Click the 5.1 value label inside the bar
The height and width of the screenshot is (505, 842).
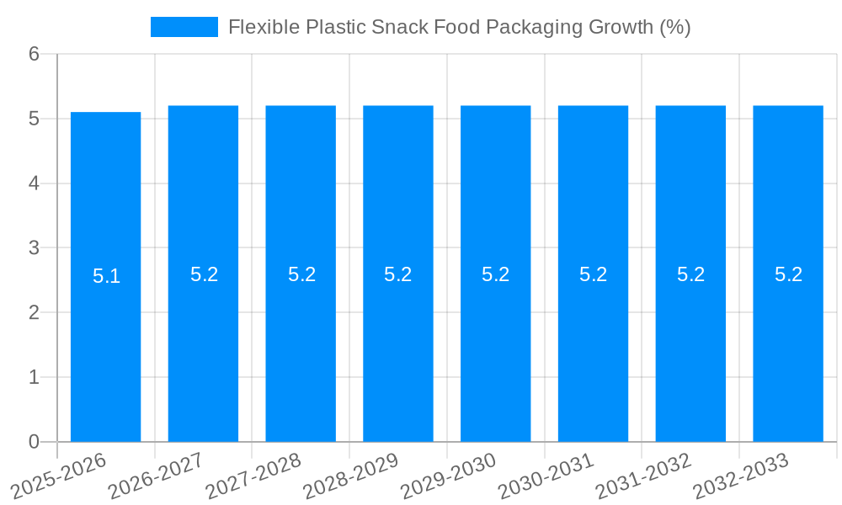coord(106,276)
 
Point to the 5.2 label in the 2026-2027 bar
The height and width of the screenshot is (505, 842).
coord(204,274)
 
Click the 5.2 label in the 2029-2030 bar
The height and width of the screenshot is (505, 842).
coord(495,274)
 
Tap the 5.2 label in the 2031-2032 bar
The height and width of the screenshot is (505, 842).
coord(690,274)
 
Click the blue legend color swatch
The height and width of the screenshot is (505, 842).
coord(184,27)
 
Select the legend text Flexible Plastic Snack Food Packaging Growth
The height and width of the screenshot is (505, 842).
coord(459,27)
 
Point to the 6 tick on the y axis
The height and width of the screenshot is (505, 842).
coord(34,54)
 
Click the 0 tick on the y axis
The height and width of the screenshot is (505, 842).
coord(34,442)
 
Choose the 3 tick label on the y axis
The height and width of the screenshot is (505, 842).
coord(34,248)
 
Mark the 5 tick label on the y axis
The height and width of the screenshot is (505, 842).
coord(34,119)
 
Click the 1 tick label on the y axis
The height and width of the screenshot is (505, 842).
coord(34,377)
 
